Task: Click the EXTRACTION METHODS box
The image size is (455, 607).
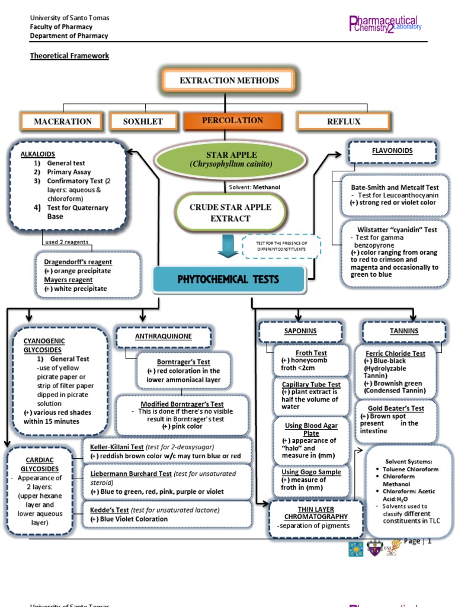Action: click(x=229, y=81)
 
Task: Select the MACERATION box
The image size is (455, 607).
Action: click(x=63, y=122)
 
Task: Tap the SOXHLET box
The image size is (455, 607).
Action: click(x=142, y=122)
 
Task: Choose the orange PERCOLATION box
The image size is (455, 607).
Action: click(x=232, y=120)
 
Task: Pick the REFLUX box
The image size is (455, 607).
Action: click(x=344, y=122)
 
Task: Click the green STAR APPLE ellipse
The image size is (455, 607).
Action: click(x=230, y=159)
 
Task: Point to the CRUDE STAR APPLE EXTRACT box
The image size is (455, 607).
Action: click(x=230, y=213)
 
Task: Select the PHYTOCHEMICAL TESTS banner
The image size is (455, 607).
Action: click(x=229, y=279)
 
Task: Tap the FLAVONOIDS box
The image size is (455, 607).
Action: click(x=392, y=151)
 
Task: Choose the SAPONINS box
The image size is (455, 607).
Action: click(x=300, y=331)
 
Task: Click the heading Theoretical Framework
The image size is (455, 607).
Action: click(x=70, y=56)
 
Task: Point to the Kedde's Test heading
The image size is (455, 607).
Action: click(x=110, y=510)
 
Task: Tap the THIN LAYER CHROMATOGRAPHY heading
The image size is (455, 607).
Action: click(x=308, y=513)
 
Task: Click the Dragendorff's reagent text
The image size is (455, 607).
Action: click(x=78, y=261)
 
